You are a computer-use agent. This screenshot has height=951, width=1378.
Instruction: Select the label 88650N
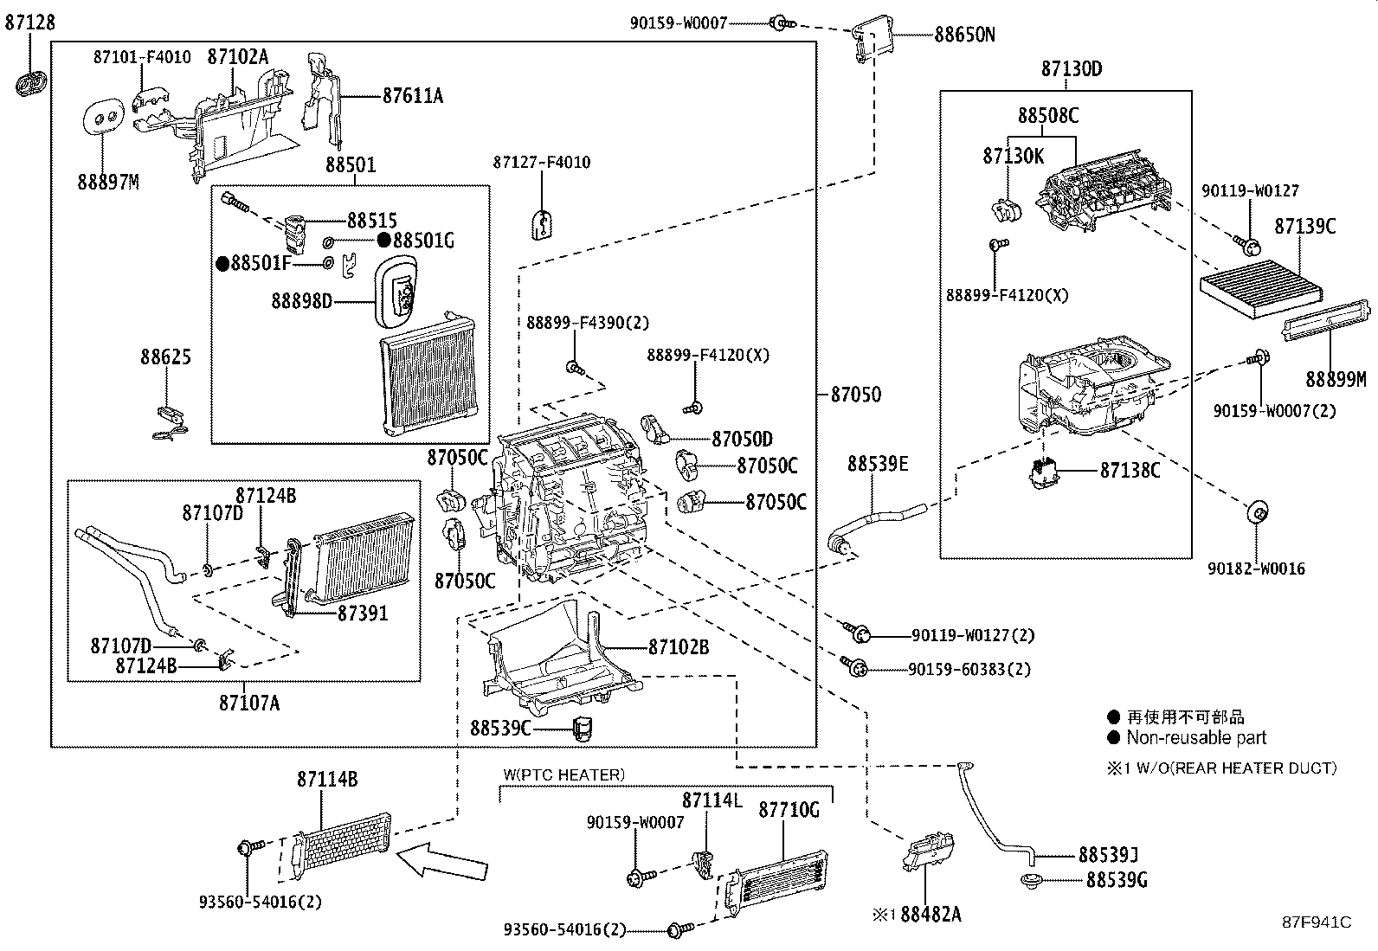[964, 35]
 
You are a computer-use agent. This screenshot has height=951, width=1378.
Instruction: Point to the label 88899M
[1336, 379]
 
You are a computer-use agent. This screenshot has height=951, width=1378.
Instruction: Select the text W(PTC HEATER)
[563, 774]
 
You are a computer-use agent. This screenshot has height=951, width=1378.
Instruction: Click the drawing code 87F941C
[1317, 922]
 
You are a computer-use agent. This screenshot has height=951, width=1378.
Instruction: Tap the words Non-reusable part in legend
[1195, 738]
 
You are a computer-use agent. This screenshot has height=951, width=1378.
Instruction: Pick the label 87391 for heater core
[363, 613]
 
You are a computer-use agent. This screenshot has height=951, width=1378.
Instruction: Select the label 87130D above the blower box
[1072, 68]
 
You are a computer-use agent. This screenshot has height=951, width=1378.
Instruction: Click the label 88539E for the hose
[877, 464]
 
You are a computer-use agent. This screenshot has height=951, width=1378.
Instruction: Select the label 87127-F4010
[542, 162]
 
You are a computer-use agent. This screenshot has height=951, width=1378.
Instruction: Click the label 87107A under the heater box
[249, 703]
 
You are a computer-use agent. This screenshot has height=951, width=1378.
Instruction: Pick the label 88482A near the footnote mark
[930, 914]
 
